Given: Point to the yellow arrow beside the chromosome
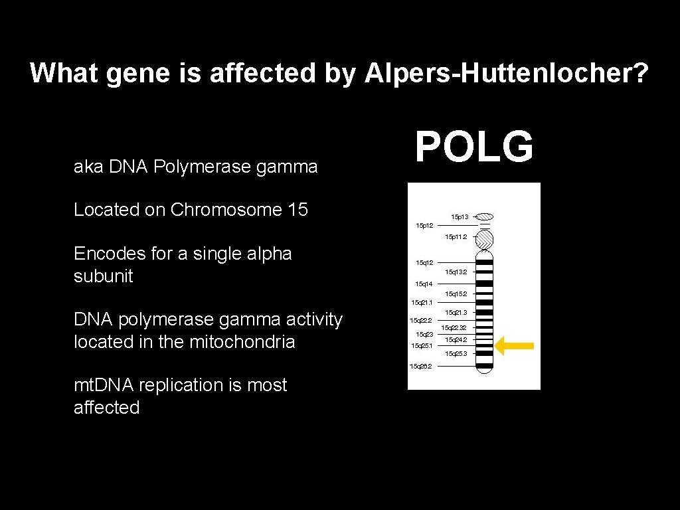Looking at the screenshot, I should (x=515, y=345).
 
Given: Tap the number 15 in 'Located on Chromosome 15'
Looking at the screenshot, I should (x=297, y=210).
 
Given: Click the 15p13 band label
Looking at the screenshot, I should (x=460, y=216).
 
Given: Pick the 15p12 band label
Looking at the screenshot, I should (x=424, y=226).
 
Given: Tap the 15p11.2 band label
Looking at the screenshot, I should (x=456, y=236).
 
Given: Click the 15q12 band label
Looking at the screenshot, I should (x=424, y=263).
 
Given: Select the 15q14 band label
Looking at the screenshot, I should (x=424, y=284).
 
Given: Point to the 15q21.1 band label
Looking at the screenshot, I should (x=422, y=302).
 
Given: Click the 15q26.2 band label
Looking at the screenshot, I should (x=421, y=366).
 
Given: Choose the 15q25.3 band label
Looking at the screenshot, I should (x=456, y=354).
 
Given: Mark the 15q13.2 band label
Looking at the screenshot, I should (x=456, y=272).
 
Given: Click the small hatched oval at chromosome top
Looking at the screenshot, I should (x=485, y=216).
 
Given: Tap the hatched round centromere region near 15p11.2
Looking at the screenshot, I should (x=485, y=239).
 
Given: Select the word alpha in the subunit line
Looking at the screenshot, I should (x=269, y=254).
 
